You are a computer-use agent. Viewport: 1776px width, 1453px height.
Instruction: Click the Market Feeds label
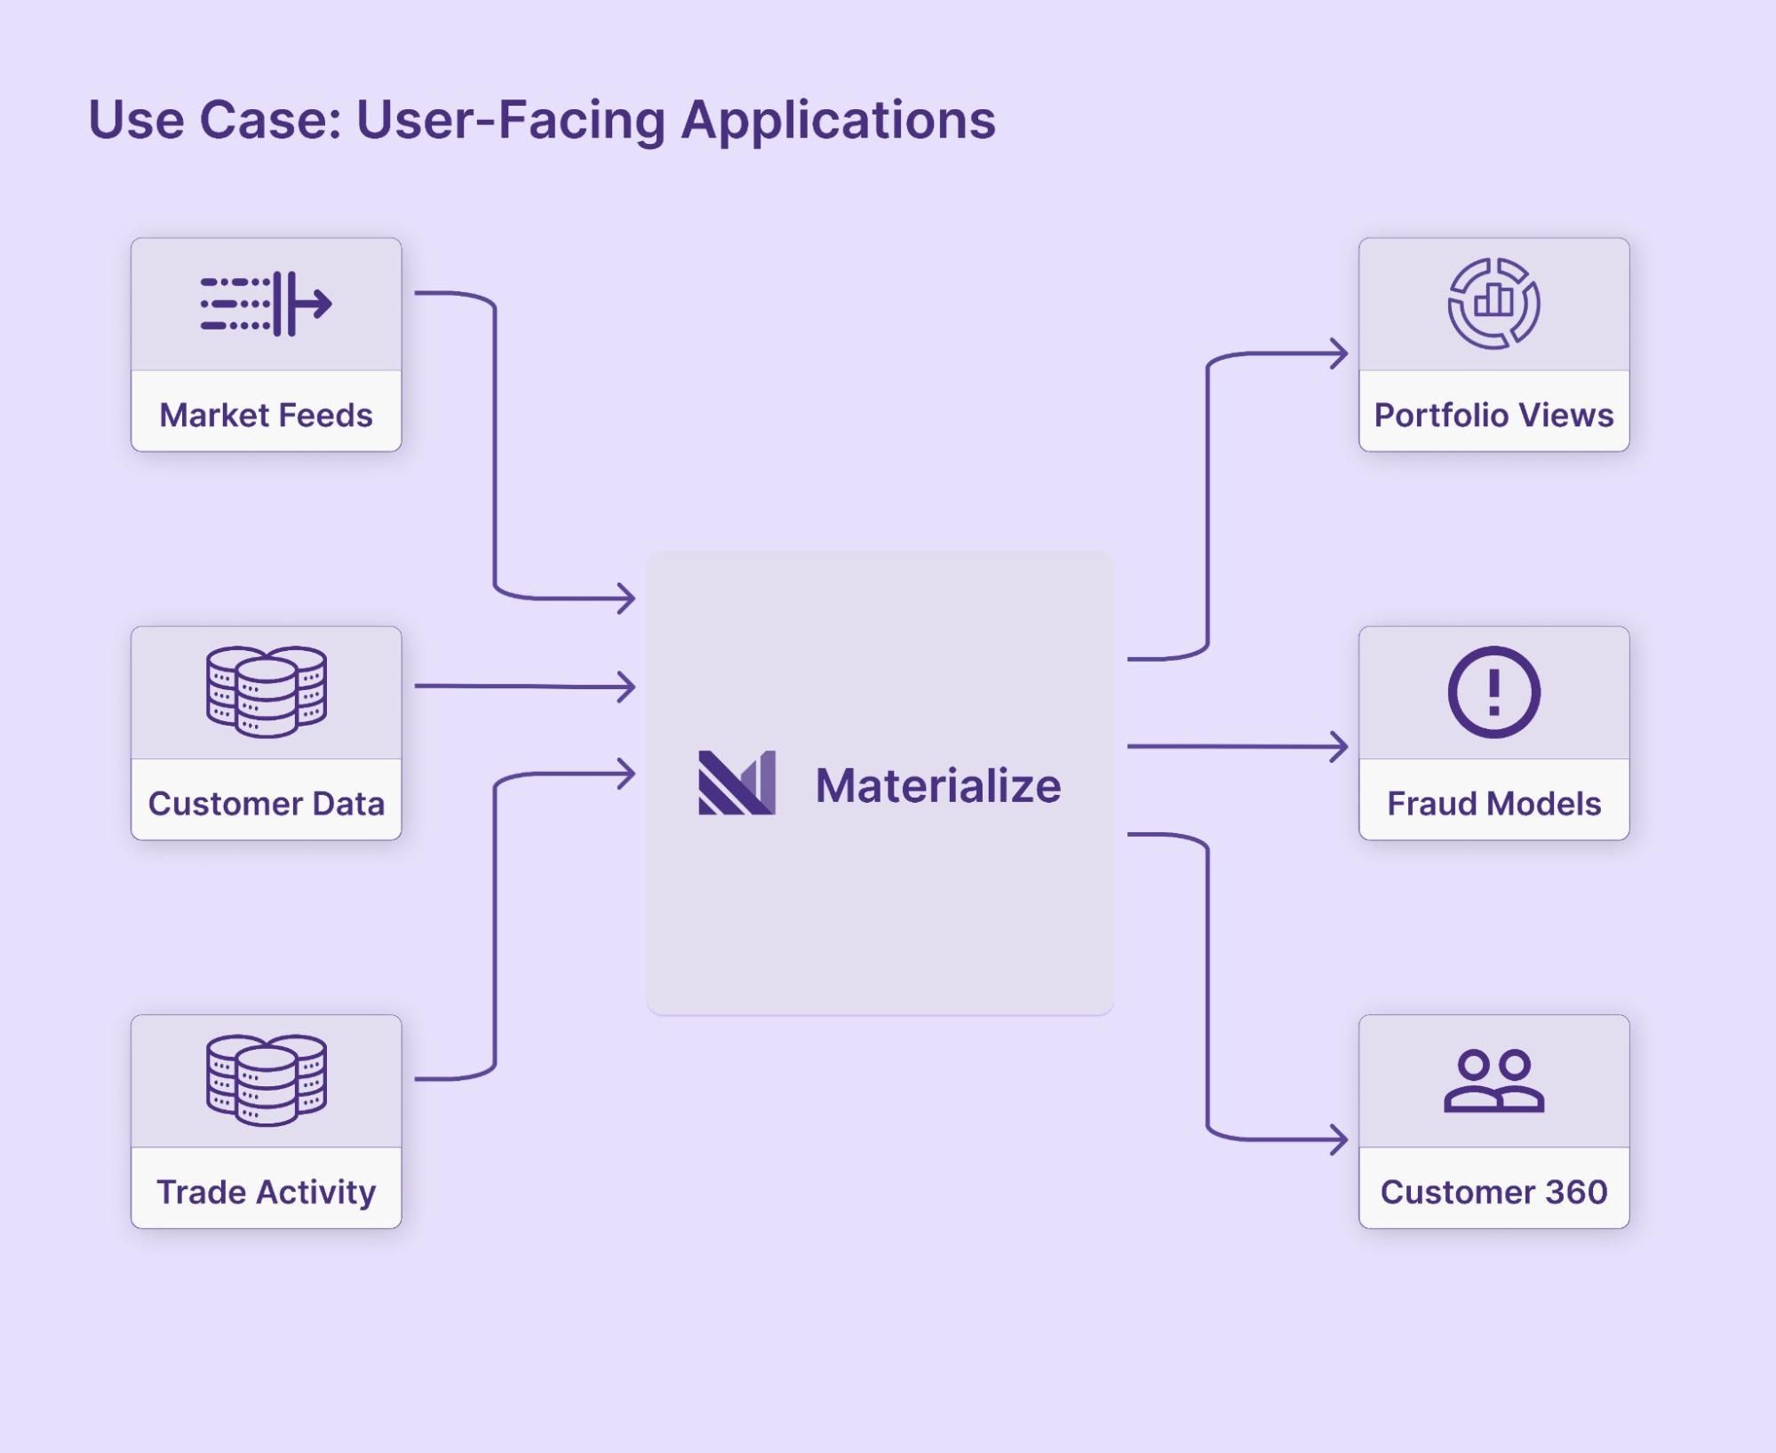click(x=266, y=415)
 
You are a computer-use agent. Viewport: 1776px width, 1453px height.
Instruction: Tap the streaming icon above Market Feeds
click(x=266, y=304)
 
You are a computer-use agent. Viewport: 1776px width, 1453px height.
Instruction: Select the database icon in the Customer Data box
click(x=266, y=691)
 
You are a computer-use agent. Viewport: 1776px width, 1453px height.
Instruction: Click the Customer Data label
click(x=266, y=803)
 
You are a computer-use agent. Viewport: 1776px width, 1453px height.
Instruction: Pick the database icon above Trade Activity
click(x=266, y=1079)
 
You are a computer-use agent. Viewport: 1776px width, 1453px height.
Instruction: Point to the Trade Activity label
click(x=266, y=1191)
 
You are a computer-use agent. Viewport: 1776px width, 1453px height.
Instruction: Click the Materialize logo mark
click(x=737, y=782)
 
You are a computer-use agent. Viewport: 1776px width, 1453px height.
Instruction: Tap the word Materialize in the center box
click(x=937, y=786)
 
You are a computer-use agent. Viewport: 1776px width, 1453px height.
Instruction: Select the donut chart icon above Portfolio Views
click(x=1493, y=303)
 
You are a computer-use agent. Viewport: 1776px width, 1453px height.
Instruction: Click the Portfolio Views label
click(x=1493, y=415)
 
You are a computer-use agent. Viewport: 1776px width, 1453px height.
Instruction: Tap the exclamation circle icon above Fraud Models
click(x=1493, y=691)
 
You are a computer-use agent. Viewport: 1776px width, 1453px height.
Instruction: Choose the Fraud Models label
click(x=1493, y=803)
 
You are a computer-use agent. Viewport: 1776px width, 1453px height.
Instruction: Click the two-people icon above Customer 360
click(x=1493, y=1081)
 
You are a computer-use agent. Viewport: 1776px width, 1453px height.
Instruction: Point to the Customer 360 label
click(x=1493, y=1191)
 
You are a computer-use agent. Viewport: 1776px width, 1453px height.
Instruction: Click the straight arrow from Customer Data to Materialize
click(x=524, y=686)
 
